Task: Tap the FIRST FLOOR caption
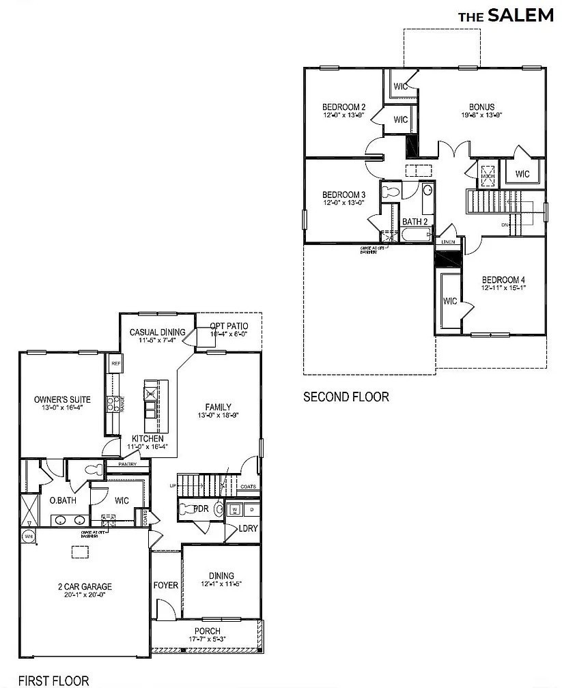click(x=53, y=680)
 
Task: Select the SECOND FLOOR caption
click(x=346, y=397)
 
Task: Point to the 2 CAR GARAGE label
click(x=84, y=586)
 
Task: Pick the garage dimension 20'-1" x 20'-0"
click(x=84, y=595)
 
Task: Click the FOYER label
click(x=166, y=585)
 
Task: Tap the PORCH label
click(x=207, y=631)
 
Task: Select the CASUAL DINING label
click(x=158, y=332)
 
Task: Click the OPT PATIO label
click(x=228, y=326)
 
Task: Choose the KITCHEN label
click(x=148, y=438)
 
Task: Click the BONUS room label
click(x=481, y=107)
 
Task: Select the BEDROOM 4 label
click(x=504, y=280)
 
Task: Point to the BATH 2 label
click(x=415, y=222)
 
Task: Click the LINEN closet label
click(x=448, y=242)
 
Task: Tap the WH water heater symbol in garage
click(x=29, y=536)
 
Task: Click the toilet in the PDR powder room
click(x=186, y=508)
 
